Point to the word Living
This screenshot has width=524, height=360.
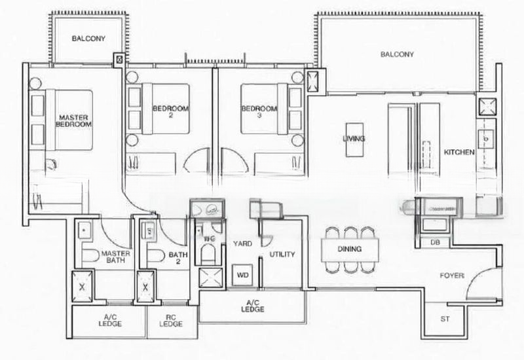(353, 139)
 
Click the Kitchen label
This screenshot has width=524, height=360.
(459, 152)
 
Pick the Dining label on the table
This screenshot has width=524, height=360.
(350, 249)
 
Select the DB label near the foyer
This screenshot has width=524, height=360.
(434, 242)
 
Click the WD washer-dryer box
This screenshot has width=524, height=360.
(242, 274)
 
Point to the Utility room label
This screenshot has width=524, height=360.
(282, 254)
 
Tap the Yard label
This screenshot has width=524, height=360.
(243, 243)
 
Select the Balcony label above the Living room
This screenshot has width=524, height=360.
(397, 55)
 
